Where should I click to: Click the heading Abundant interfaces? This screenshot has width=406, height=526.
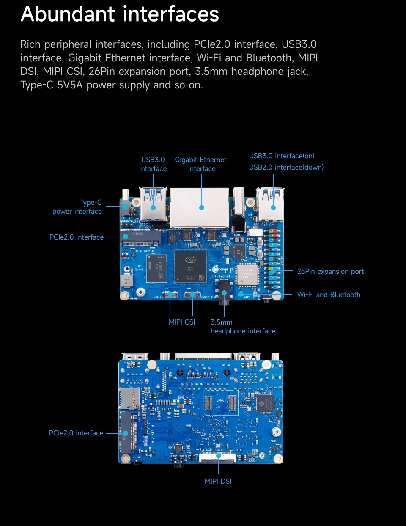(120, 14)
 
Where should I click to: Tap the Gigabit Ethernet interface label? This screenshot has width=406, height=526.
(201, 164)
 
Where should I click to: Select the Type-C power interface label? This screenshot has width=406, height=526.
(77, 207)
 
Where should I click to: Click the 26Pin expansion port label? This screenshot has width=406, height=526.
(330, 271)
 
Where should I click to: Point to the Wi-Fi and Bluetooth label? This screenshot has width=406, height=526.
(329, 295)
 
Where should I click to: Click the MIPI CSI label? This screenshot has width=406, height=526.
(182, 322)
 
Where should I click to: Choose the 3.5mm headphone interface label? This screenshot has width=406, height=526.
(242, 327)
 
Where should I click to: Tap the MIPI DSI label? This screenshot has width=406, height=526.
(218, 481)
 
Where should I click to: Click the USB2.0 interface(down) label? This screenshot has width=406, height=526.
(286, 167)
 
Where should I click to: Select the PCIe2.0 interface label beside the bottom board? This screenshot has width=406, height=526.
(76, 433)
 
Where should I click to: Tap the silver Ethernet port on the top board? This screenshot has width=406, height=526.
(200, 207)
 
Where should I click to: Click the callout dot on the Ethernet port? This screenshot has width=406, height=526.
(202, 208)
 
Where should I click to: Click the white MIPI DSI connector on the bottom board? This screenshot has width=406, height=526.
(217, 457)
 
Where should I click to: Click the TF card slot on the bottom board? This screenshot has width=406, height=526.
(129, 398)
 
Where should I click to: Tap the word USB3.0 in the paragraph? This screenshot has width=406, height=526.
(299, 44)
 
